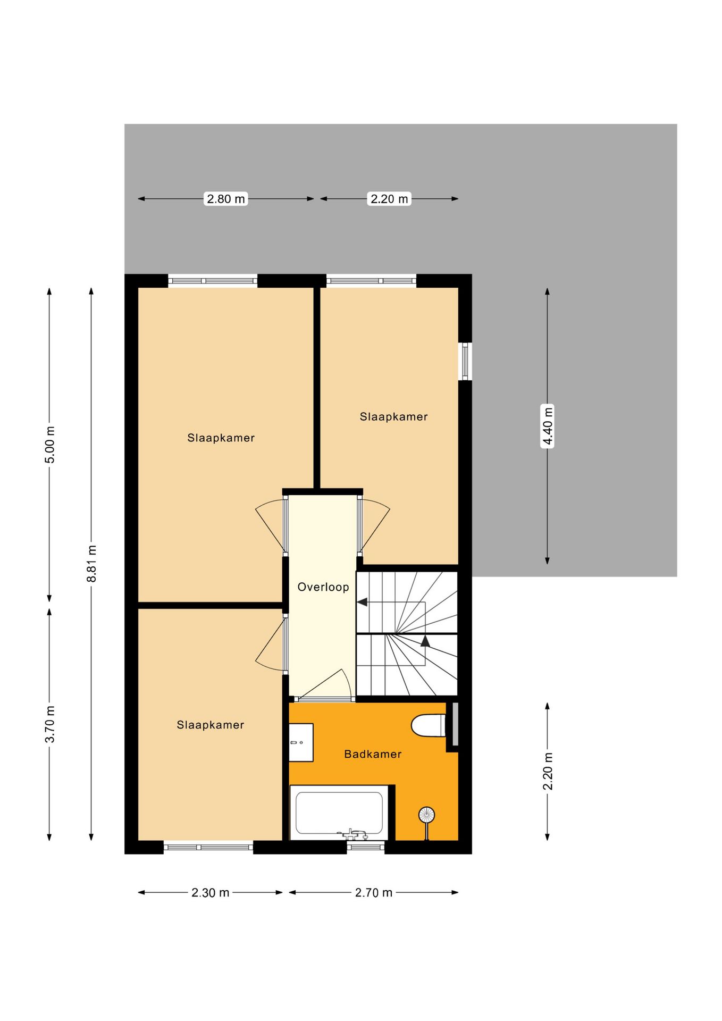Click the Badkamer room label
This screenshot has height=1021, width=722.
click(x=372, y=754)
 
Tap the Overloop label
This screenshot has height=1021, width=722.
click(x=323, y=587)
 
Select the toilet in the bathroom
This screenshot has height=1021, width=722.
click(x=429, y=725)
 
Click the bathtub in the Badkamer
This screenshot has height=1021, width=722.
click(x=339, y=813)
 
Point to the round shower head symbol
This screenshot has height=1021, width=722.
click(x=426, y=814)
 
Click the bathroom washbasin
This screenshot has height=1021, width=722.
click(x=301, y=742)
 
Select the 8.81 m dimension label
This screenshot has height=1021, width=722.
click(x=91, y=563)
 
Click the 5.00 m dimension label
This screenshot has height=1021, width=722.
click(x=49, y=445)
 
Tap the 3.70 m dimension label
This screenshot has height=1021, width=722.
click(x=49, y=724)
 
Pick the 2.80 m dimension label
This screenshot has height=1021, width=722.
click(x=226, y=199)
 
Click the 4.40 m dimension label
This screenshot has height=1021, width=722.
click(x=547, y=425)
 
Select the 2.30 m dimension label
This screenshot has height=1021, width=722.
click(x=210, y=893)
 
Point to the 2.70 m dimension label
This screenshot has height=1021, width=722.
click(x=373, y=893)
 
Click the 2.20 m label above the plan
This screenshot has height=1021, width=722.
click(x=389, y=199)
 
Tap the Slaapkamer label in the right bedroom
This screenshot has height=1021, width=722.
click(x=393, y=417)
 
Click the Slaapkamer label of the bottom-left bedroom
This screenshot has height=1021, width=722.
click(x=210, y=725)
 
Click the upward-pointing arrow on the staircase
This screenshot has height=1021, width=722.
click(x=425, y=641)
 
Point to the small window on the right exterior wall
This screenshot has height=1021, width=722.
click(x=465, y=361)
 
